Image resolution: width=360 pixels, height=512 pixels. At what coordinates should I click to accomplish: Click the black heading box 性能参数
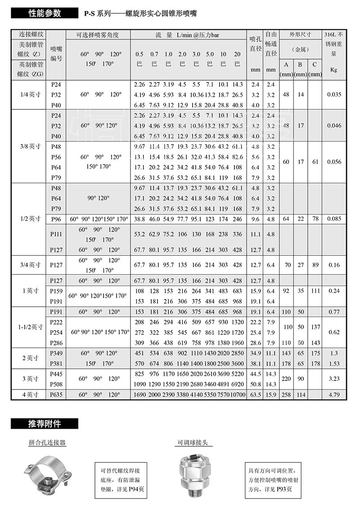(44, 13)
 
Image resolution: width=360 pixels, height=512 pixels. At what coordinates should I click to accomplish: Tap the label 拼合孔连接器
(47, 443)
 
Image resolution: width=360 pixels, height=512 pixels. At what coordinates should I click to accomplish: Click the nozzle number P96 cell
(56, 219)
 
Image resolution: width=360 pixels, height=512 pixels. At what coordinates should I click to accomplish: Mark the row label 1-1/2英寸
(28, 327)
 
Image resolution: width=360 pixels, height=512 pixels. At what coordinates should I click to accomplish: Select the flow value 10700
(238, 394)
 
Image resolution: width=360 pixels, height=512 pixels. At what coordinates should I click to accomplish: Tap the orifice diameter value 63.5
(256, 394)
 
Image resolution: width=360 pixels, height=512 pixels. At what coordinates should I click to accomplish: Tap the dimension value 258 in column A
(286, 394)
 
